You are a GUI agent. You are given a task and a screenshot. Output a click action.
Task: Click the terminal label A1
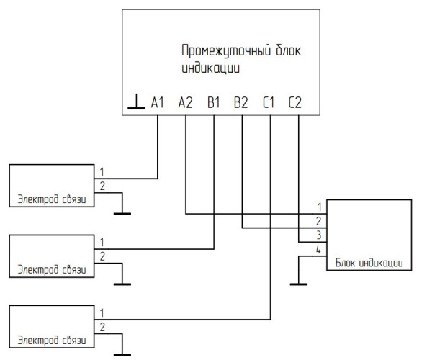158,104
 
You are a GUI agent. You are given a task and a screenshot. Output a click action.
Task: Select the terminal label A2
185,104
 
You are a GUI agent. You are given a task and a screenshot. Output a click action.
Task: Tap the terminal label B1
214,104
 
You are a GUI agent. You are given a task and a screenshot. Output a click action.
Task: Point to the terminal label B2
241,104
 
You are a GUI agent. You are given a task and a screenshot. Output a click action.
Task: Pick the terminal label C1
269,104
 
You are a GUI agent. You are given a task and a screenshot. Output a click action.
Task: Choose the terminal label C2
297,104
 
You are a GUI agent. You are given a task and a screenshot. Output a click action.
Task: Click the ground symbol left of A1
135,106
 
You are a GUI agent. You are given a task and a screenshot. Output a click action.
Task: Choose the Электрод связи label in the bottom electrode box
47,340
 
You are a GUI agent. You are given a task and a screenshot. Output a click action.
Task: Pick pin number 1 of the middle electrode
102,242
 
